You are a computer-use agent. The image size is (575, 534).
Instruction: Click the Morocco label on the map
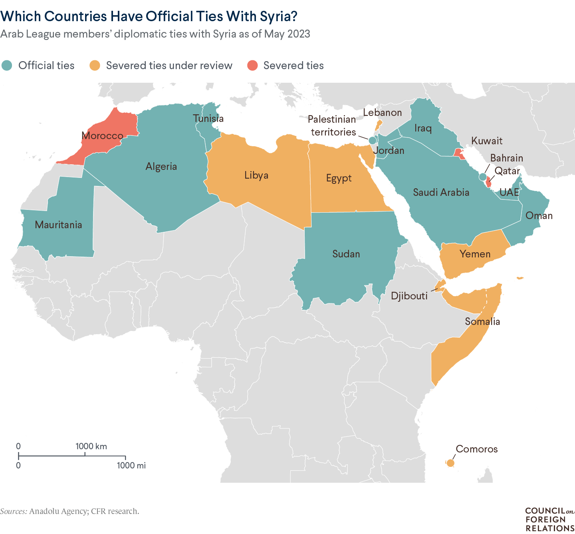[x=103, y=135]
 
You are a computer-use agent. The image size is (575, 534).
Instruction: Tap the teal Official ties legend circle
[x=7, y=66]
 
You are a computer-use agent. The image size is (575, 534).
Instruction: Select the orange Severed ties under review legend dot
[x=95, y=66]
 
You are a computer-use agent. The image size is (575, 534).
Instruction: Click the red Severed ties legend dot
[x=252, y=66]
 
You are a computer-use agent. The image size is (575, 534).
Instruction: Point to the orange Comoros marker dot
[x=450, y=463]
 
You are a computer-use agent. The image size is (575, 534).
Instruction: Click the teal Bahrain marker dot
[x=483, y=177]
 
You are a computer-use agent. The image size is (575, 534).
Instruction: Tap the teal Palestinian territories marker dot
[x=372, y=140]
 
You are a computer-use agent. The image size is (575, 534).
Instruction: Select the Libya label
[x=256, y=175]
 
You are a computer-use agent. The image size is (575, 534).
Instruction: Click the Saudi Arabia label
[x=441, y=192]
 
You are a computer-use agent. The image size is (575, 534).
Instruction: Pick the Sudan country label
[x=346, y=254]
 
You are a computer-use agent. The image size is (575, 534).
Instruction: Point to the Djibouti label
[x=409, y=296]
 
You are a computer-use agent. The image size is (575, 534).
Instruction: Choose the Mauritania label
[x=58, y=225]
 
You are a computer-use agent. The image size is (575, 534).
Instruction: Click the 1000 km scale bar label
[x=91, y=446]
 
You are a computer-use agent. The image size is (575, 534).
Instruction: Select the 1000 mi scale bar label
[x=131, y=465]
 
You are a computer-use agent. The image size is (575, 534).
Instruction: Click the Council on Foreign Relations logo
[x=549, y=519]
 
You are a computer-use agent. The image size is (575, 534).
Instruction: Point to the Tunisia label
[x=208, y=118]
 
